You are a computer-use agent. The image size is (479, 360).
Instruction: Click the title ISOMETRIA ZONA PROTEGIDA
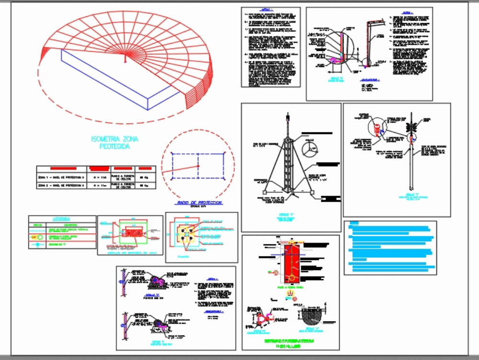pyautogui.click(x=114, y=143)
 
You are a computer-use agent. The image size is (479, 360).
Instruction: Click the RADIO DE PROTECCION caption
pyautogui.click(x=199, y=203)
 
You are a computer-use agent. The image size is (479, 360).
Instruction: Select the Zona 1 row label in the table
pyautogui.click(x=61, y=177)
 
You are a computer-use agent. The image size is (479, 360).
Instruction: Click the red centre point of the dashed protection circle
pyautogui.click(x=198, y=166)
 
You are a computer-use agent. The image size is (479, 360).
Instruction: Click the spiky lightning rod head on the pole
pyautogui.click(x=411, y=128)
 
